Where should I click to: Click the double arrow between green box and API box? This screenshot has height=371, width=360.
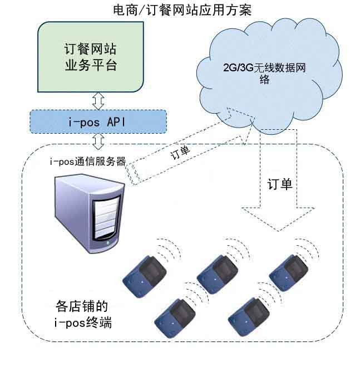(x=98, y=101)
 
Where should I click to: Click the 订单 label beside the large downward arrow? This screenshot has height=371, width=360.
(x=279, y=184)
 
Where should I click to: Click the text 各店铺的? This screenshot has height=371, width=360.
(x=81, y=306)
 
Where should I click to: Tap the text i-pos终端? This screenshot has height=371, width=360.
(x=83, y=322)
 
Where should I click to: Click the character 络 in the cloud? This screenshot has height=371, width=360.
(x=265, y=80)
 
